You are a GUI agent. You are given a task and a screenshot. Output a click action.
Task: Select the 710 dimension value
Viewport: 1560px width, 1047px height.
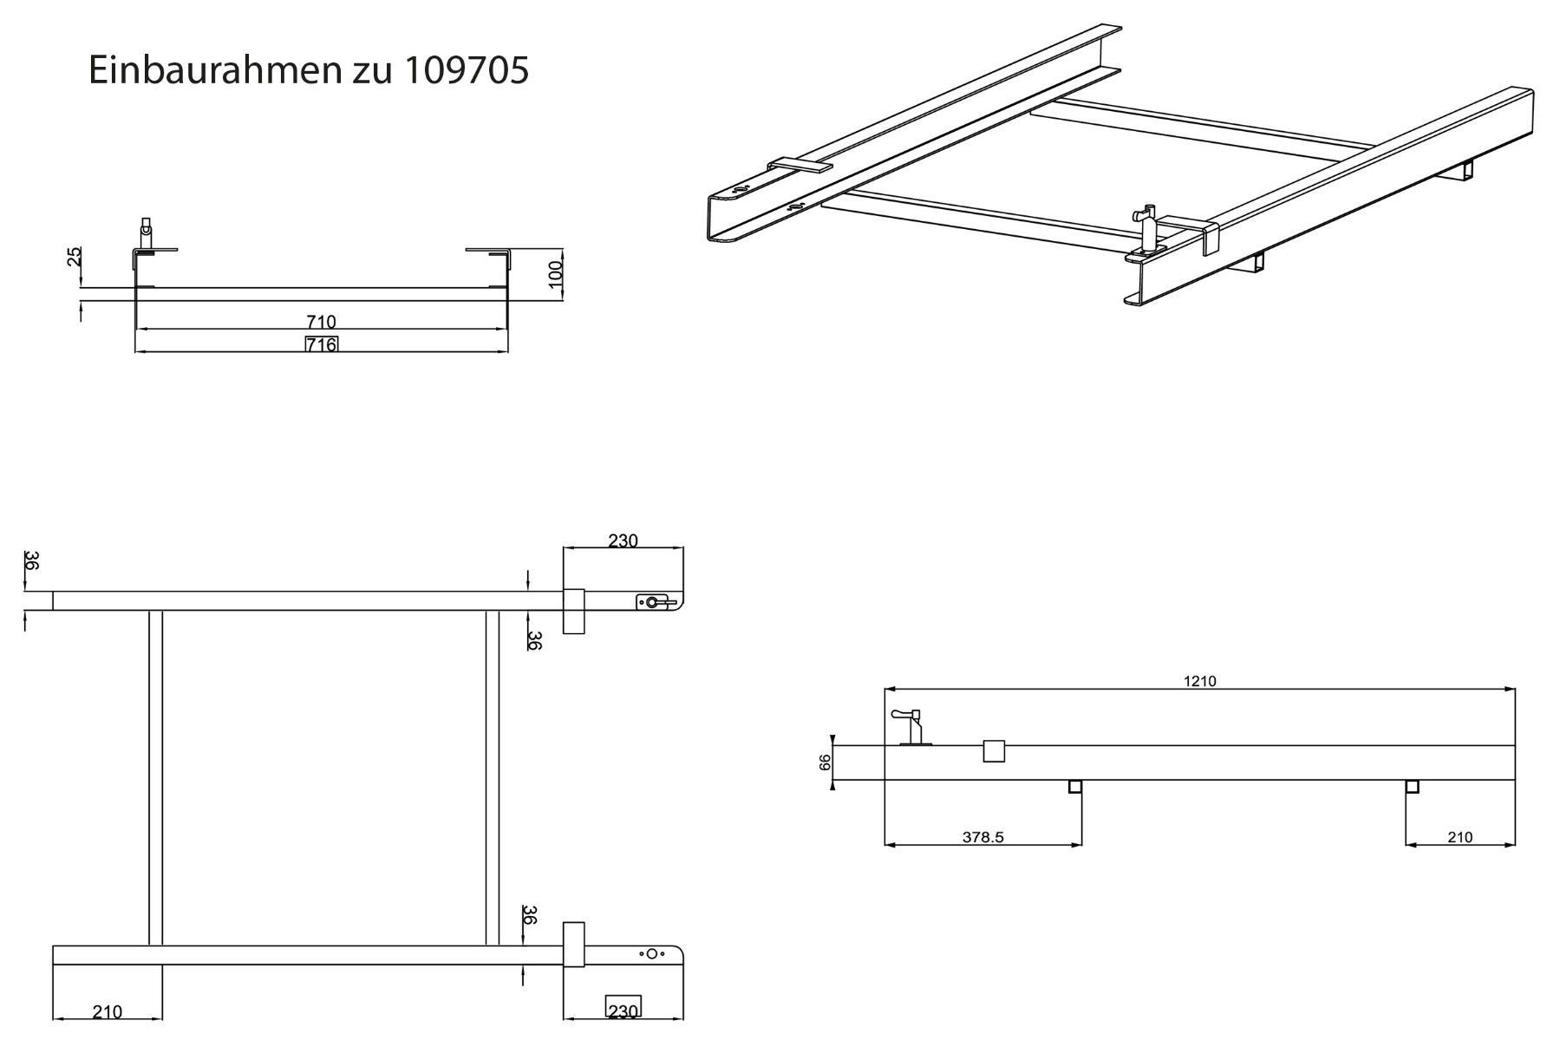click(x=321, y=323)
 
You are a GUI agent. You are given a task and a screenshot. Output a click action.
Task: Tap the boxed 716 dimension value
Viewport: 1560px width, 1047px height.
click(x=321, y=344)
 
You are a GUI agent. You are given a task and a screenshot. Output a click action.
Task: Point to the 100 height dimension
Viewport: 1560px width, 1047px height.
click(x=556, y=275)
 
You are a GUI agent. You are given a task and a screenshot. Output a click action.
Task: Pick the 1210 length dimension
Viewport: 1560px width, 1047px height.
click(x=1199, y=681)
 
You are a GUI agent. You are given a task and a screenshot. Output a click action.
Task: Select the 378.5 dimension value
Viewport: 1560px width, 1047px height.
click(x=982, y=837)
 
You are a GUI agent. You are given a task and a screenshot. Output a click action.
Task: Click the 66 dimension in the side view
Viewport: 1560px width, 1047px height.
click(x=826, y=762)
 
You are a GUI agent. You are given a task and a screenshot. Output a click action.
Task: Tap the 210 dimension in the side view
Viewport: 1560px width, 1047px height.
click(x=1460, y=837)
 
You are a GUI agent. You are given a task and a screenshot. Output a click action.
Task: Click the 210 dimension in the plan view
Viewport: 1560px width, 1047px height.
click(x=108, y=1011)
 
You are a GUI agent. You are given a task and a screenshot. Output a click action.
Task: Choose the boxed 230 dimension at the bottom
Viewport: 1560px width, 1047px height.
click(x=623, y=1011)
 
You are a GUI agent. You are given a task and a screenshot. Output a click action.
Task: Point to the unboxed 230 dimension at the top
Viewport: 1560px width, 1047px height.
click(x=623, y=540)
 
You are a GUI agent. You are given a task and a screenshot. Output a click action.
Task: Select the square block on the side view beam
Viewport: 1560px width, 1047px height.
click(x=994, y=750)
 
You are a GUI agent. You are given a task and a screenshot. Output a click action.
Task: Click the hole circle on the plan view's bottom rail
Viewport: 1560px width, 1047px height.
click(x=652, y=954)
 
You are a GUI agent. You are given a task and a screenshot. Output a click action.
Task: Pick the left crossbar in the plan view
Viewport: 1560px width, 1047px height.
click(x=155, y=777)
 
